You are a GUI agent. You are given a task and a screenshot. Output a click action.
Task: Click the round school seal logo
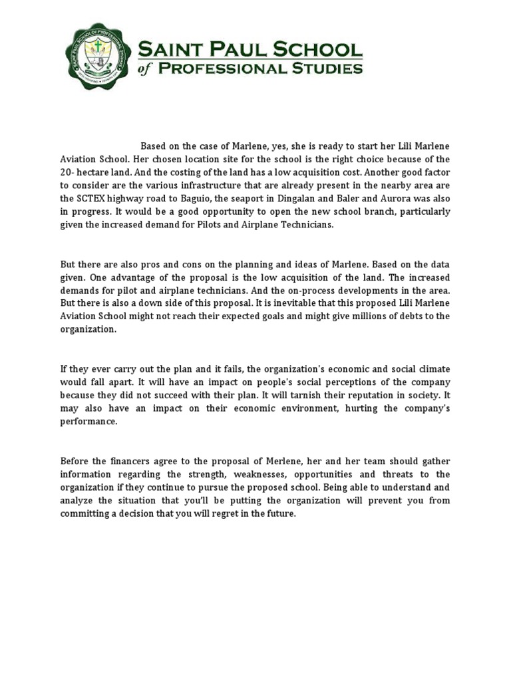98,56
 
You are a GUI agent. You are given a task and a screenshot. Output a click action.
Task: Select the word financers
134,461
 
